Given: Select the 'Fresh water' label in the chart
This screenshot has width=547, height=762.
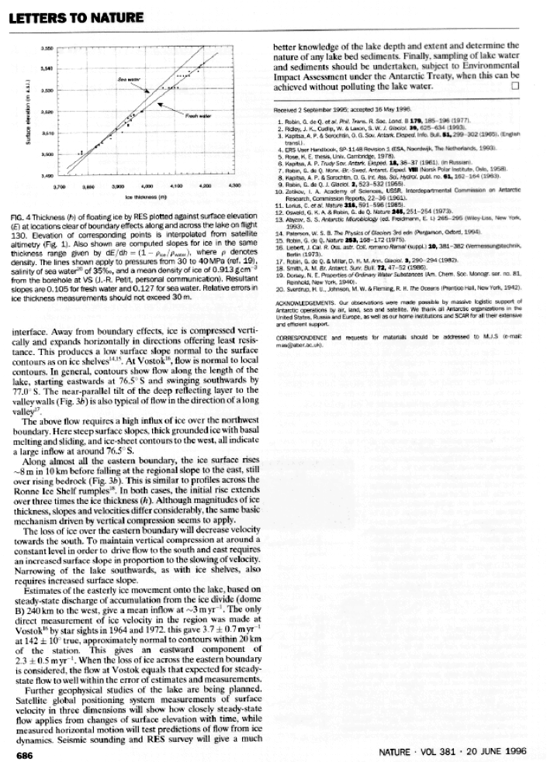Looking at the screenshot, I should pyautogui.click(x=195, y=116).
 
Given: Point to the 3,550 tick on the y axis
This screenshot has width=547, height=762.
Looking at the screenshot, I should pyautogui.click(x=46, y=48).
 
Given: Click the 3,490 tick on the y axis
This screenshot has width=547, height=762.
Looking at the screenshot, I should pyautogui.click(x=46, y=177).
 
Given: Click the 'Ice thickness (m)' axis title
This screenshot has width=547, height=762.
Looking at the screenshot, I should pyautogui.click(x=144, y=197).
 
